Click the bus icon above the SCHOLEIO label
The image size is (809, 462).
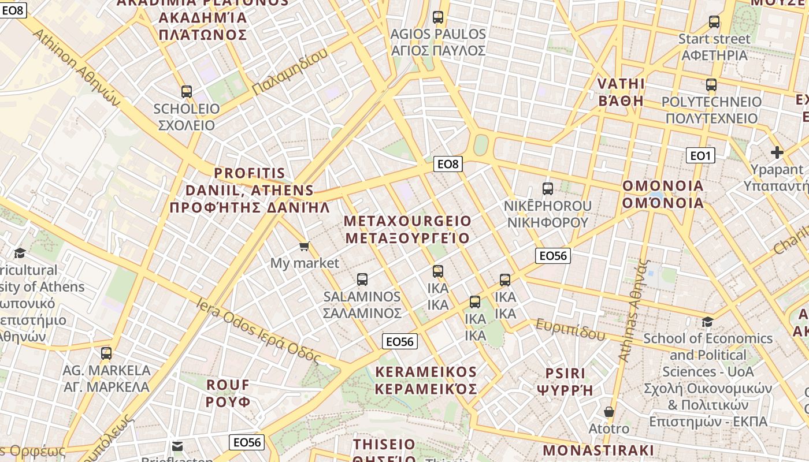click(x=186, y=92)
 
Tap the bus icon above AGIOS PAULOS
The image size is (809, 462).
click(x=438, y=17)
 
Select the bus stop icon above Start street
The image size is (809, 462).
click(x=714, y=22)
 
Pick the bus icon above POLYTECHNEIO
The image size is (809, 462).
click(x=711, y=85)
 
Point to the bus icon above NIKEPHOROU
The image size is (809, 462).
click(x=547, y=188)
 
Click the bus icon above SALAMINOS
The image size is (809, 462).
click(x=362, y=280)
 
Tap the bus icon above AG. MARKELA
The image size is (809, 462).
click(x=106, y=353)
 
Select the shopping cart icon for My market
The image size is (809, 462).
click(x=305, y=247)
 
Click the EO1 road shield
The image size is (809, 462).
click(x=700, y=155)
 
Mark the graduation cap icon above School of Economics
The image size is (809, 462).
click(x=707, y=322)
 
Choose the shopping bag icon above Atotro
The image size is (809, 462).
click(x=608, y=412)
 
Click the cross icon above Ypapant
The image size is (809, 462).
click(x=777, y=152)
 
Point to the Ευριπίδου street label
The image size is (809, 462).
click(x=570, y=329)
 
